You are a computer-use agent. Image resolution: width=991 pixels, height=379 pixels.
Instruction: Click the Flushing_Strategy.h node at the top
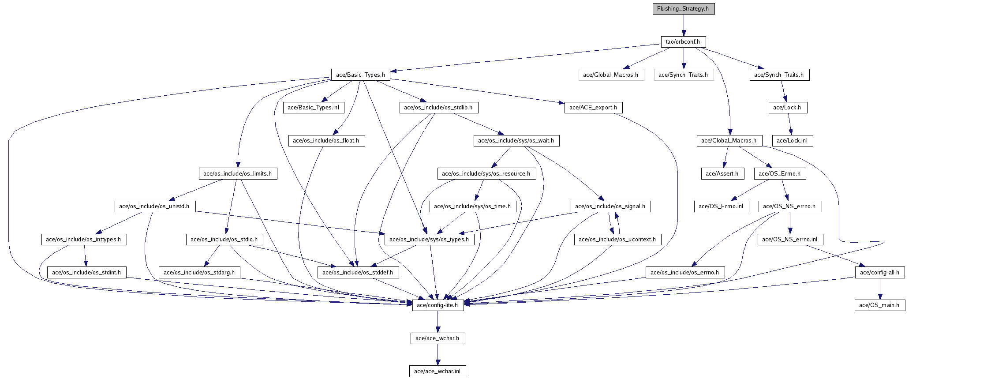683,9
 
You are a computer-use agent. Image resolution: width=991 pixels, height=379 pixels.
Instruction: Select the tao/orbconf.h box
683,42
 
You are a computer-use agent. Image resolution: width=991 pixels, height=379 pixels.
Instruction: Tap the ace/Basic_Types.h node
360,75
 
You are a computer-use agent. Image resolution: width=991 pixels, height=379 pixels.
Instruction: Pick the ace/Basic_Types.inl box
313,108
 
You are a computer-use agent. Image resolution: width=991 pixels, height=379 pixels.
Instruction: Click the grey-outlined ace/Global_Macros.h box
611,75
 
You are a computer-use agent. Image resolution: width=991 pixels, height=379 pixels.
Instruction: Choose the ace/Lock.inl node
792,141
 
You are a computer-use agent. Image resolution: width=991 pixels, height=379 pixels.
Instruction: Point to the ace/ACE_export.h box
593,108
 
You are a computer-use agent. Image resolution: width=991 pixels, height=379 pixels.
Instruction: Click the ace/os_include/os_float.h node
326,141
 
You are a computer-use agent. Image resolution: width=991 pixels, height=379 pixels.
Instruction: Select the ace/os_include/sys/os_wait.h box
516,141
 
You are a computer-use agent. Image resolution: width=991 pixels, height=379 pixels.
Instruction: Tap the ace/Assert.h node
722,174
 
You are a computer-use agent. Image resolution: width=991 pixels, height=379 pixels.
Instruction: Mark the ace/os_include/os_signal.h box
610,206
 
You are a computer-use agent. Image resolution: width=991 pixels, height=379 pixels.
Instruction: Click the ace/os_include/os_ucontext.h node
617,240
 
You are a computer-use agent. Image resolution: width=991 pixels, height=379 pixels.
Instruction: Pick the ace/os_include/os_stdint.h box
86,273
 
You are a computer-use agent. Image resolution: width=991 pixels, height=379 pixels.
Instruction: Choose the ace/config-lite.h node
438,305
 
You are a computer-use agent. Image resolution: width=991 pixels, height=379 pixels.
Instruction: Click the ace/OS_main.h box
879,305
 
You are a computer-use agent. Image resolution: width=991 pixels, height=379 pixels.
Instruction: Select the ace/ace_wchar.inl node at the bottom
438,371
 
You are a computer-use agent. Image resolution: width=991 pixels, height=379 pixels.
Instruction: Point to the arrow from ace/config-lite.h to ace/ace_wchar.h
438,322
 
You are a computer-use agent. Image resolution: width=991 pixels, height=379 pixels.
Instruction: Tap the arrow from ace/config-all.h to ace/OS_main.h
879,289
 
